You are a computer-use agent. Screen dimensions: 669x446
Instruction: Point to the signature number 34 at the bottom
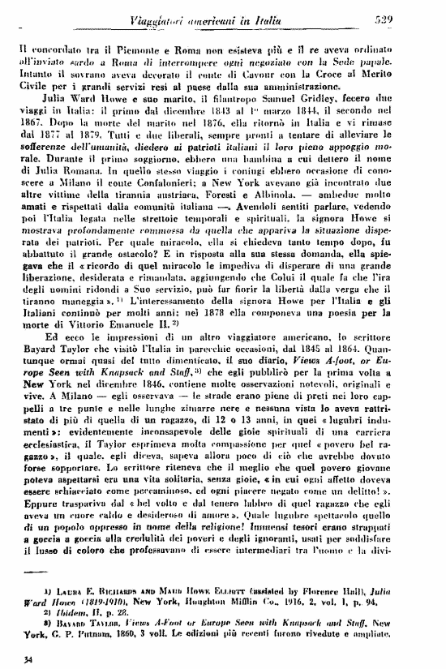point(29,658)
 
